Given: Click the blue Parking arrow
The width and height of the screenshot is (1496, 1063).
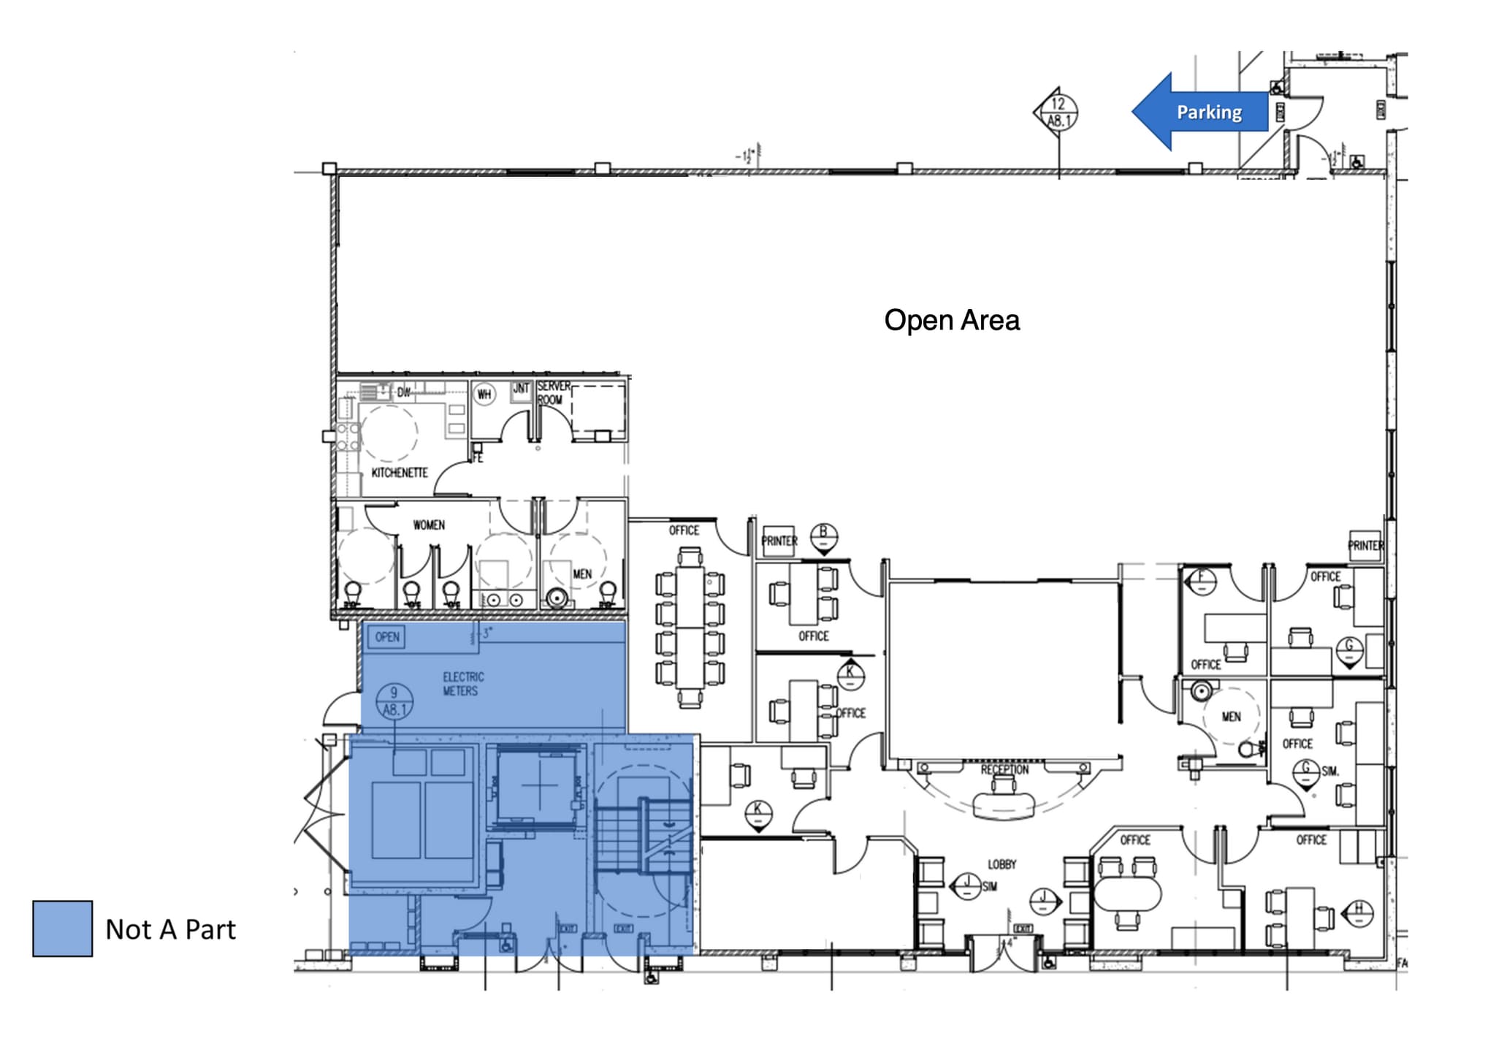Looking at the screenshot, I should pos(1202,112).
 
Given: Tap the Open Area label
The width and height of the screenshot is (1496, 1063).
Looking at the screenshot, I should pos(951,320).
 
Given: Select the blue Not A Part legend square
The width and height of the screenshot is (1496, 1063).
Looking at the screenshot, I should pos(63,928).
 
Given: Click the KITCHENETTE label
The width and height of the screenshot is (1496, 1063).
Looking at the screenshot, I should pos(400,473).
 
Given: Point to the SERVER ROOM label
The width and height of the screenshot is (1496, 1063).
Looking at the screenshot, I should pos(553,392).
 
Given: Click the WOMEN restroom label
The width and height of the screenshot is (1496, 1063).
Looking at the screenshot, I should pos(429,525).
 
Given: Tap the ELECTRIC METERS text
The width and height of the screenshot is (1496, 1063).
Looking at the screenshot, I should pos(462,684).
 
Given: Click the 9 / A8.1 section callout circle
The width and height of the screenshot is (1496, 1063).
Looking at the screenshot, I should pos(394,701).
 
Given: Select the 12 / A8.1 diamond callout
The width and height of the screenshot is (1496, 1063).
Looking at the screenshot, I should pos(1057,113).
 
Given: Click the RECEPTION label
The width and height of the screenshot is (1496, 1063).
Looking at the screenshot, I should pos(1004,769).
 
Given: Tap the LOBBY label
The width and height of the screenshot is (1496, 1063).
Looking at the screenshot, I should pos(1002,864).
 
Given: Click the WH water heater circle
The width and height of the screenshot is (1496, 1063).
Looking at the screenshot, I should pos(484,395).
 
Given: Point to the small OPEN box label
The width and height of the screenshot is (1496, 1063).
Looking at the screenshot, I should pos(387,637).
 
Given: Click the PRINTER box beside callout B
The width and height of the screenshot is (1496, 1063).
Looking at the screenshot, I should pos(779,541).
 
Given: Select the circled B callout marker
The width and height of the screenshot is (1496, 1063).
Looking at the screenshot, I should pos(824,536).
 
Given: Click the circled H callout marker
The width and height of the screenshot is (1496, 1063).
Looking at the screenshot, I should pos(1359,911).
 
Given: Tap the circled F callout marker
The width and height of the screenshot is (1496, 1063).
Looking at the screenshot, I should pos(1202,581).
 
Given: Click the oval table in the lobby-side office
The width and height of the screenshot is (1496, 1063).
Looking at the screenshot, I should pos(1127,893).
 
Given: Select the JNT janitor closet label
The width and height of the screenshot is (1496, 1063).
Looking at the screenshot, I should pos(521,389).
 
